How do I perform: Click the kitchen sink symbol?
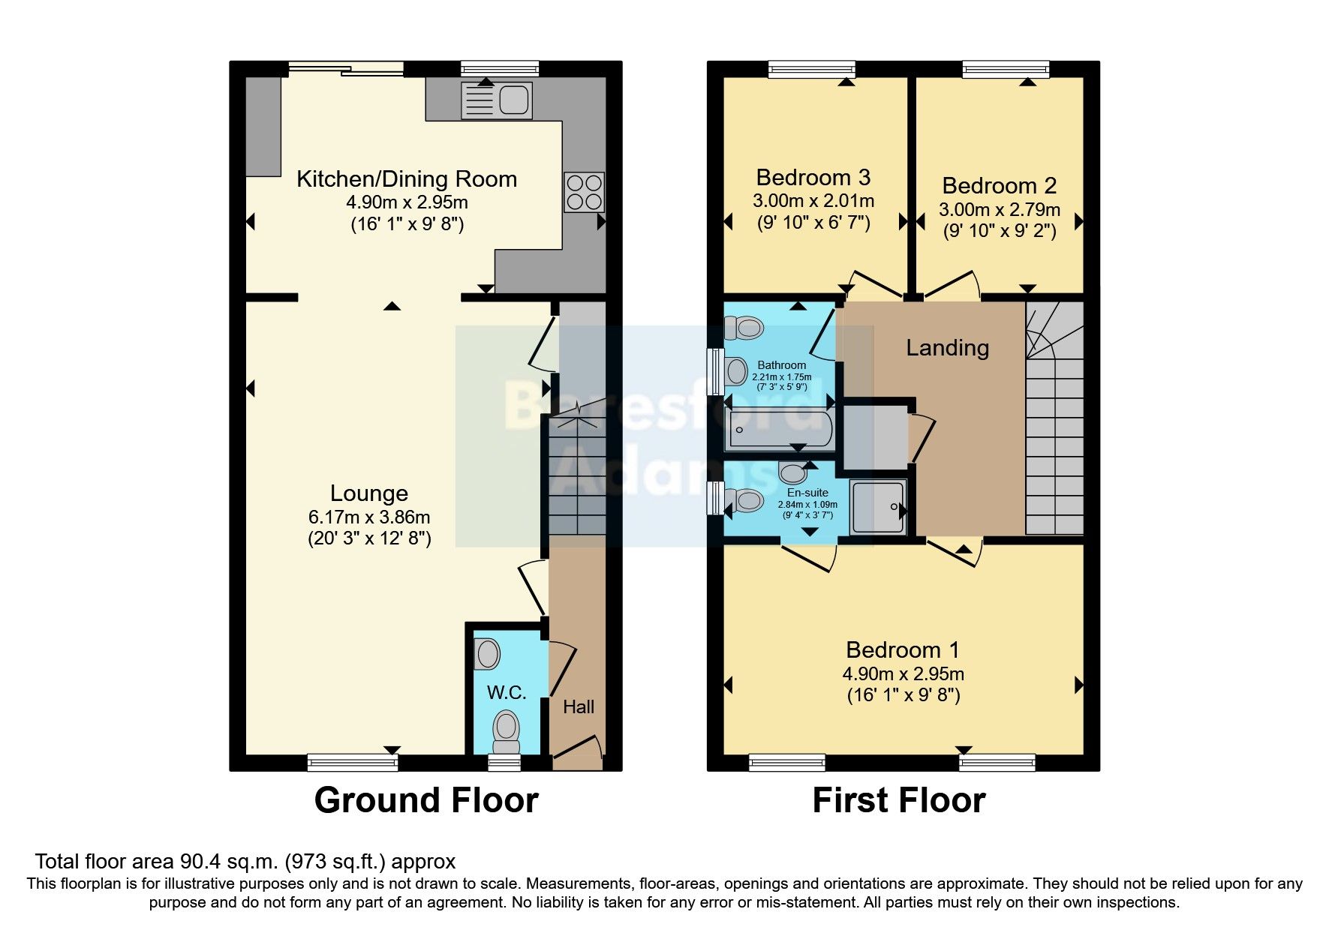pyautogui.click(x=497, y=100)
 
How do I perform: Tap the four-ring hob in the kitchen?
pyautogui.click(x=584, y=192)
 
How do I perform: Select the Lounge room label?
pyautogui.click(x=369, y=493)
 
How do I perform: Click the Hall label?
pyautogui.click(x=578, y=706)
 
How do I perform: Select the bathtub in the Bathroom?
pyautogui.click(x=779, y=429)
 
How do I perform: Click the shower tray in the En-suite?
pyautogui.click(x=877, y=508)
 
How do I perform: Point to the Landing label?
pyautogui.click(x=947, y=348)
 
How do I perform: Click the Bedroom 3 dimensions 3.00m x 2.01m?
pyautogui.click(x=813, y=201)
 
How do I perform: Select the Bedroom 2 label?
pyautogui.click(x=999, y=185)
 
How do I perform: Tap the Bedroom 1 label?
pyautogui.click(x=902, y=649)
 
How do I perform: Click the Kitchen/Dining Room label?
pyautogui.click(x=407, y=178)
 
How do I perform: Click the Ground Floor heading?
pyautogui.click(x=425, y=800)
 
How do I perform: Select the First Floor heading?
pyautogui.click(x=898, y=800)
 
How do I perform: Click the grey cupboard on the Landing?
pyautogui.click(x=875, y=436)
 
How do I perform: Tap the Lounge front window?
pyautogui.click(x=352, y=762)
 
